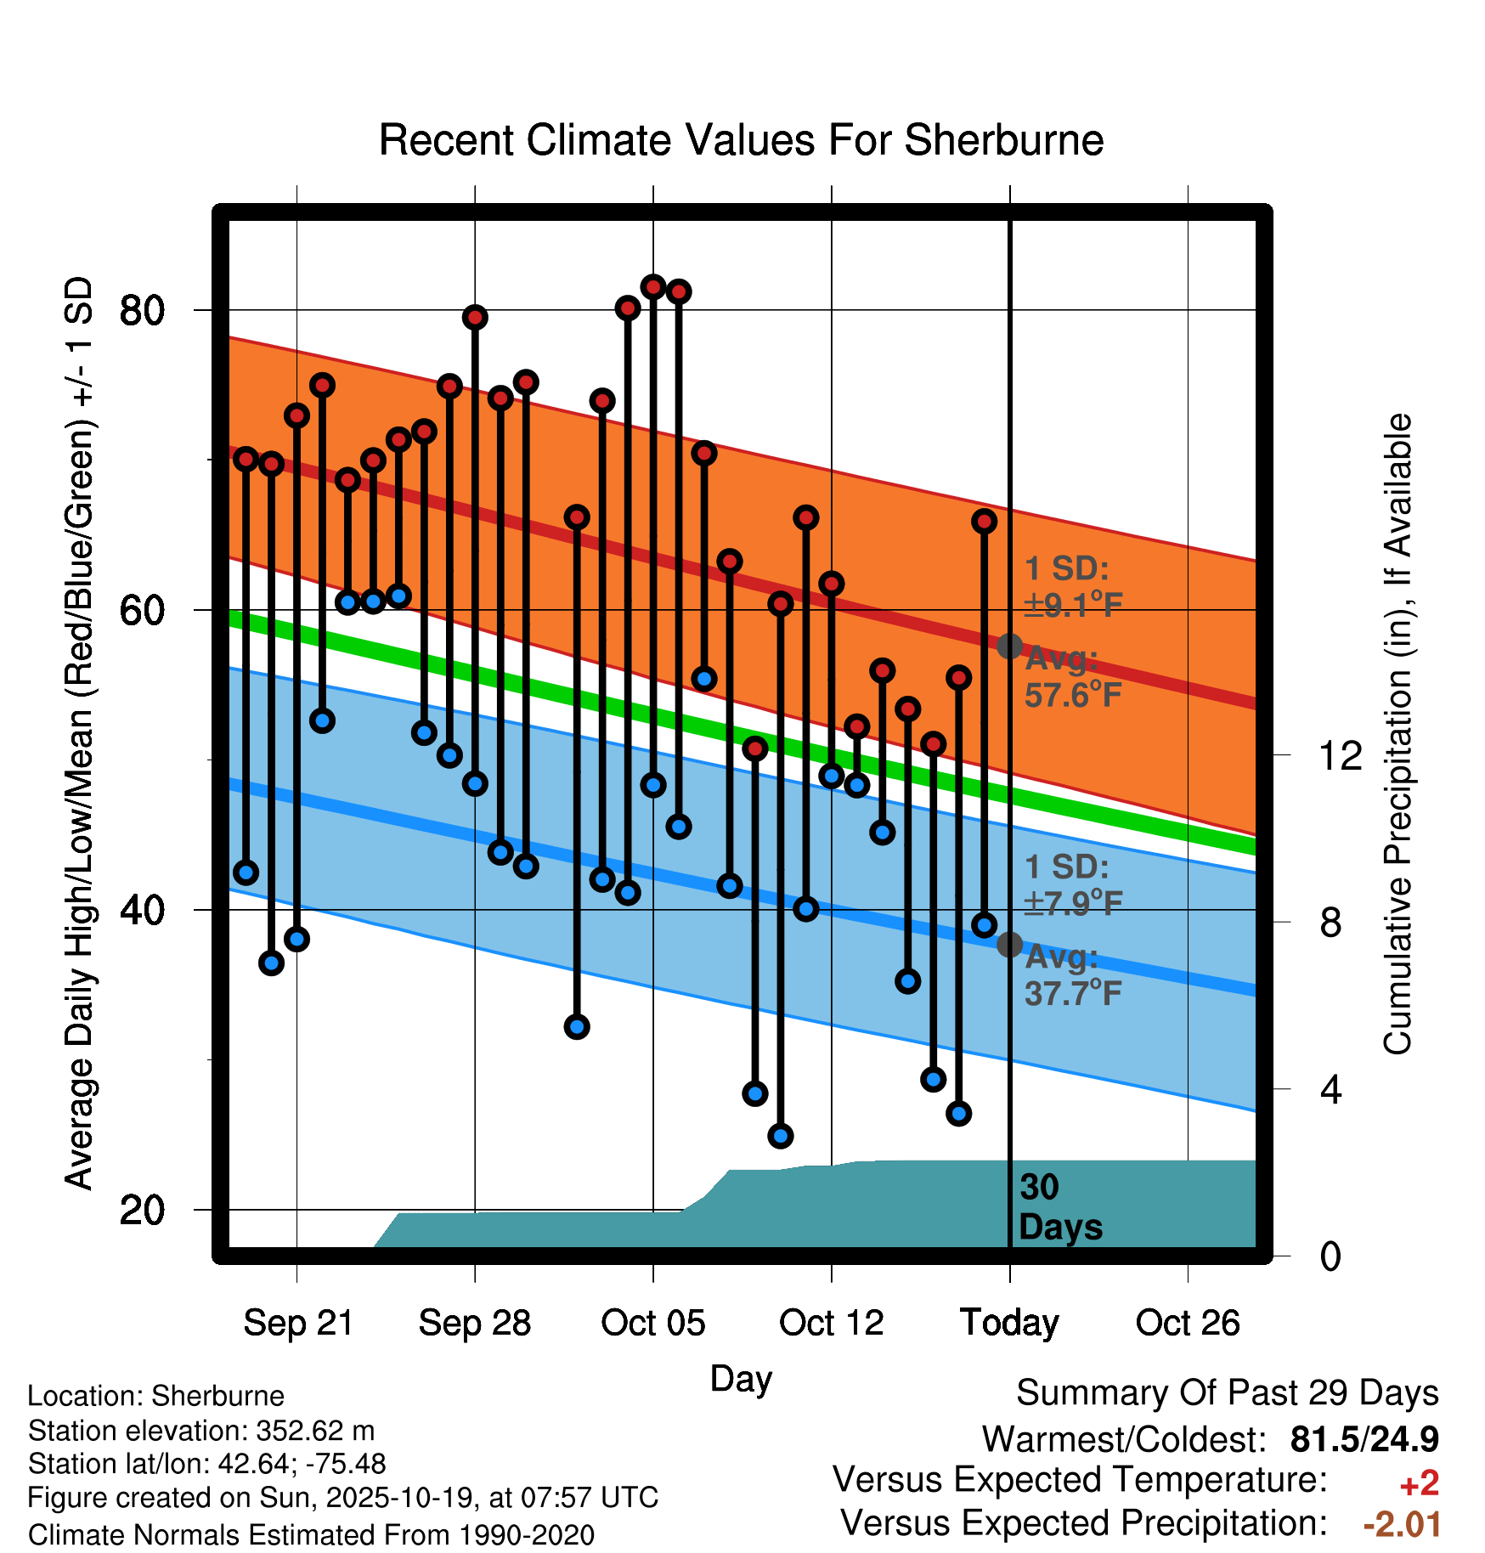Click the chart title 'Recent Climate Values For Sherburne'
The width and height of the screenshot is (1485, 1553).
point(741,140)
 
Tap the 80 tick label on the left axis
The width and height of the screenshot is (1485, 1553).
point(142,311)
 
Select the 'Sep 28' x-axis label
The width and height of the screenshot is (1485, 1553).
point(474,1323)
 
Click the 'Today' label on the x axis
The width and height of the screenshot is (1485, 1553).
point(1009,1323)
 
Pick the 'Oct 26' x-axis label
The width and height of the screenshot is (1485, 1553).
point(1187,1323)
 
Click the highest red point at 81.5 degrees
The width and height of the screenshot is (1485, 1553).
point(653,287)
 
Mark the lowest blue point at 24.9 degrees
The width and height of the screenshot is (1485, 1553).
point(781,1135)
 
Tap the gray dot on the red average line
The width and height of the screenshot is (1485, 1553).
point(1009,647)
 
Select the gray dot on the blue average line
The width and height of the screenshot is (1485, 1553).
point(1009,944)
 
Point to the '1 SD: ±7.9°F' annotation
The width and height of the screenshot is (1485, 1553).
point(1072,884)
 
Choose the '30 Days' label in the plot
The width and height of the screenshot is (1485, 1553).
point(1059,1207)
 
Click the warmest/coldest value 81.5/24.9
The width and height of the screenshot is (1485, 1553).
point(1364,1439)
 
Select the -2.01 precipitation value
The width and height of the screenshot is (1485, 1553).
point(1402,1524)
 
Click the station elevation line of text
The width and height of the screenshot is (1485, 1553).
point(201,1431)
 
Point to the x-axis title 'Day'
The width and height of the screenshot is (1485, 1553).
point(741,1378)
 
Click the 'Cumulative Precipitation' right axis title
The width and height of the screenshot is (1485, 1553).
point(1397,734)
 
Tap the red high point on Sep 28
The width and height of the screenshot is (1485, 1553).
point(475,318)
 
